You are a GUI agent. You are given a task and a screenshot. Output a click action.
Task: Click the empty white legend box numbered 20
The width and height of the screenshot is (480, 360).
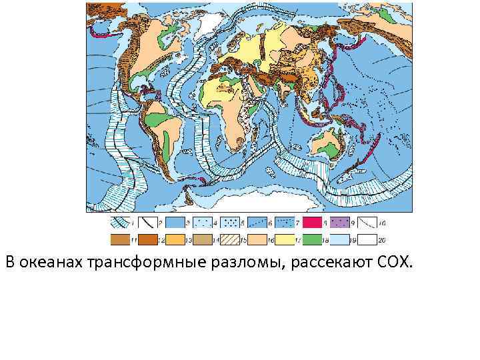click(x=365, y=239)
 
